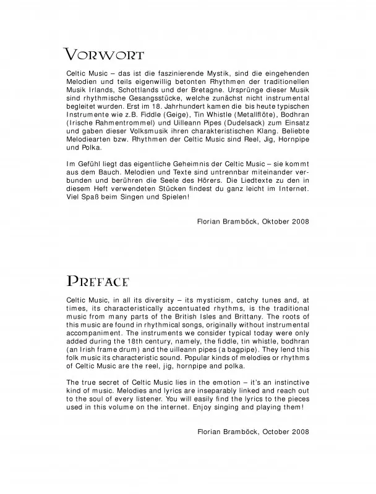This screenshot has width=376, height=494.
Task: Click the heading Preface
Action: coord(97,282)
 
